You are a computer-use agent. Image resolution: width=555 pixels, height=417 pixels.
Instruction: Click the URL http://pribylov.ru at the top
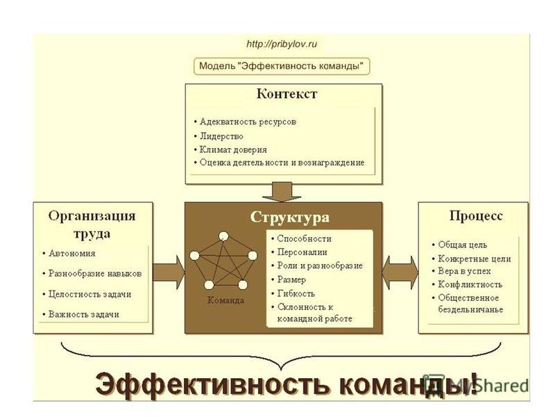[x=282, y=44]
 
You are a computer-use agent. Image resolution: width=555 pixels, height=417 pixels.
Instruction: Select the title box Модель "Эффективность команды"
[x=282, y=66]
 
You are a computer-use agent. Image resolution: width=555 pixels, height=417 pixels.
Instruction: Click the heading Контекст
[x=287, y=94]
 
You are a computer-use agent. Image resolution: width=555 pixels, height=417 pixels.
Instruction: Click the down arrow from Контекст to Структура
[x=282, y=192]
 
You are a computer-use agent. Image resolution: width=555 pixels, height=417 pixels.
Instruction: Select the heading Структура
[x=289, y=218]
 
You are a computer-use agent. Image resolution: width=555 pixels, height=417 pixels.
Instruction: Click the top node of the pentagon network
[x=223, y=236]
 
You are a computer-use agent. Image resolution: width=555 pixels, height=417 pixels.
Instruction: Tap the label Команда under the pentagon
[x=226, y=300]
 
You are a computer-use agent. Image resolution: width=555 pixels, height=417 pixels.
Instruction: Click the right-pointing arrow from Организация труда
[x=169, y=272]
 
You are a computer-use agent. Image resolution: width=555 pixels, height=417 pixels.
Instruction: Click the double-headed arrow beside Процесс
[x=400, y=272]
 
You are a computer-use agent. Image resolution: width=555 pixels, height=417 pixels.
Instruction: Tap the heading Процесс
[x=476, y=216]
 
